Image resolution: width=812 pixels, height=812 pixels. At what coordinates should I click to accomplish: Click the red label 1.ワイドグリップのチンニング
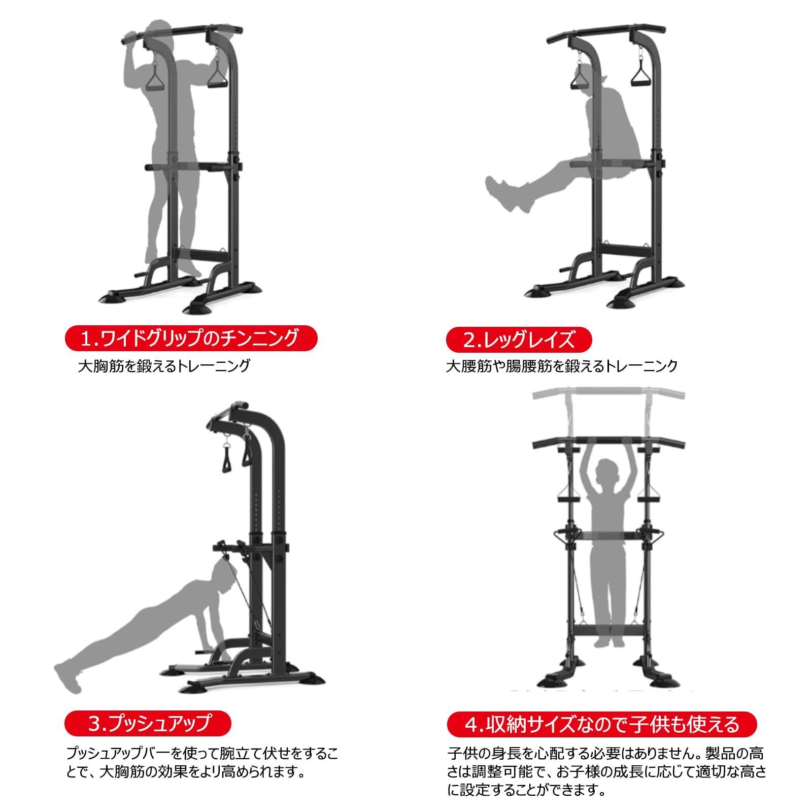coord(191,337)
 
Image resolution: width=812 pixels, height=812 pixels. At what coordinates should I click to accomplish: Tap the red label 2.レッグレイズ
coord(519,339)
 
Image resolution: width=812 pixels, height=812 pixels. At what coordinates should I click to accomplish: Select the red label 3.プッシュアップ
coord(148,723)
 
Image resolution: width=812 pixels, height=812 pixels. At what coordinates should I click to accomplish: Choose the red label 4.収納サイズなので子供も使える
coord(602,724)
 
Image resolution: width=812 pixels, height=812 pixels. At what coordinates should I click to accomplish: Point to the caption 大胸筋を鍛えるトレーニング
coord(164,365)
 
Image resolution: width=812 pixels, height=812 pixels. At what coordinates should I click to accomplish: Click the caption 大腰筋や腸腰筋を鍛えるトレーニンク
coord(562,366)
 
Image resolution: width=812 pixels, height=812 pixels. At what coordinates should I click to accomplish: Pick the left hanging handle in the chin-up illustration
coord(156,76)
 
